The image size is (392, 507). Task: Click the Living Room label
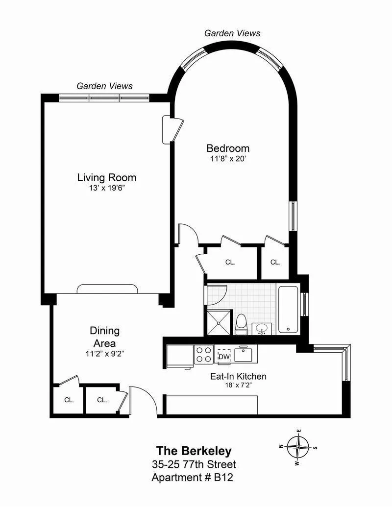(107, 178)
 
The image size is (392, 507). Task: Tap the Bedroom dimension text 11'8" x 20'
(228, 159)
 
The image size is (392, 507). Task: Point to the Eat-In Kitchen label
(238, 376)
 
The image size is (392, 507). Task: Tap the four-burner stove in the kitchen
(204, 355)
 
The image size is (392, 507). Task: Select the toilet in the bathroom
(241, 325)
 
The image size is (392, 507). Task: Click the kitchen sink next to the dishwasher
(243, 354)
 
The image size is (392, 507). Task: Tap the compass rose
(298, 446)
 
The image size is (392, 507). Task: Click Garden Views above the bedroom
(232, 33)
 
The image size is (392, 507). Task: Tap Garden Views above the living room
(104, 86)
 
